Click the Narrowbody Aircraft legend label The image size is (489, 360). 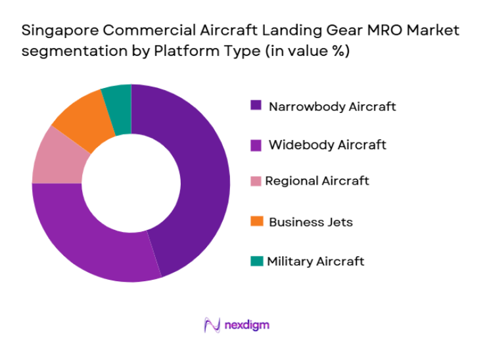pyautogui.click(x=332, y=106)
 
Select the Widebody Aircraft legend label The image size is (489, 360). pyautogui.click(x=327, y=145)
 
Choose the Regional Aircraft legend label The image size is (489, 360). pyautogui.click(x=317, y=181)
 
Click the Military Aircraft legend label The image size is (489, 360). pyautogui.click(x=315, y=261)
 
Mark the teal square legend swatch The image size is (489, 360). pyautogui.click(x=256, y=261)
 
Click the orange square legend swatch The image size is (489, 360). pyautogui.click(x=256, y=222)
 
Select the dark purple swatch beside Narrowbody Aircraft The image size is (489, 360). pyautogui.click(x=256, y=105)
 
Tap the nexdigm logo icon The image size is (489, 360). pyautogui.click(x=212, y=325)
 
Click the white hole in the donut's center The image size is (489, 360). pyautogui.click(x=131, y=183)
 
